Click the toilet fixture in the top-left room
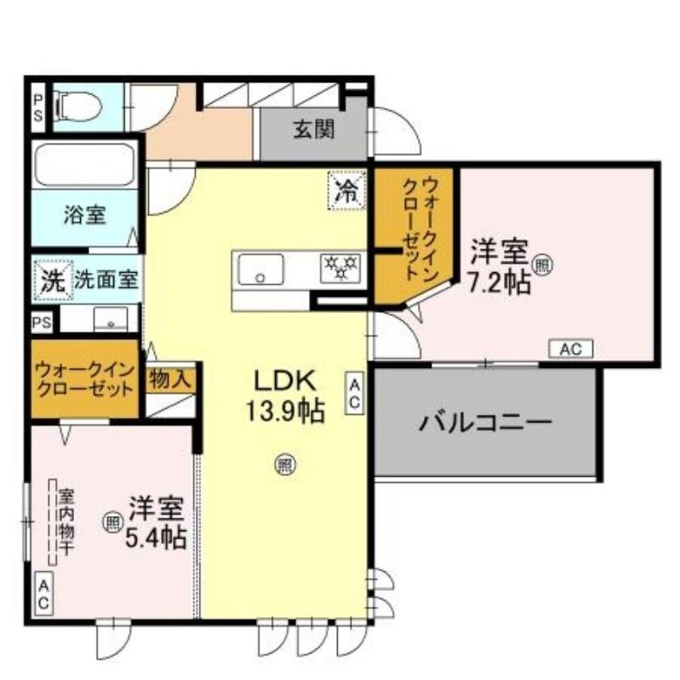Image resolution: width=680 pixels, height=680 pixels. click(x=77, y=106)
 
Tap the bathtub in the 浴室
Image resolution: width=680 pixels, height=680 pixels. click(x=84, y=165)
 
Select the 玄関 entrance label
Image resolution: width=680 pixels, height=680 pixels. click(x=314, y=129)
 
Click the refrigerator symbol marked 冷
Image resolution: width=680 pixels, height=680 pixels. click(x=347, y=190)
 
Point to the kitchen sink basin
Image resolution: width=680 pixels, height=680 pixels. click(x=261, y=269)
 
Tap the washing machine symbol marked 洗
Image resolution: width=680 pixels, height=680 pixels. click(x=54, y=280)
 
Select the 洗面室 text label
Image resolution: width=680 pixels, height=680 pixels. click(x=106, y=280)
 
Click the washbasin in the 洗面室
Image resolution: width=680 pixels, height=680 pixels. click(x=111, y=319)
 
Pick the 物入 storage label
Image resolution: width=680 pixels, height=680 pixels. click(x=169, y=380)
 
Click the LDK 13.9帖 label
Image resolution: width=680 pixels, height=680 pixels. click(x=285, y=395)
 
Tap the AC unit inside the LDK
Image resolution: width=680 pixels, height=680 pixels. click(x=354, y=393)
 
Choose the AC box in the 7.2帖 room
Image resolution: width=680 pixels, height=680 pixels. click(x=570, y=348)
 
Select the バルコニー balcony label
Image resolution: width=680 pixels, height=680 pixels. click(x=485, y=422)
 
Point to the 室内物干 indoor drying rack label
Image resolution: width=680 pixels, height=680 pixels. click(x=66, y=522)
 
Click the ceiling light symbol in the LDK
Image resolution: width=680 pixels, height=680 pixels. click(x=284, y=464)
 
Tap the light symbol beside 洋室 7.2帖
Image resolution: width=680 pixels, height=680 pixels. click(x=542, y=265)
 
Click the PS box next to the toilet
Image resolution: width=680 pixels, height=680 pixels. click(x=38, y=108)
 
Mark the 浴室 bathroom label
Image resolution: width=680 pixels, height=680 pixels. click(x=85, y=215)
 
